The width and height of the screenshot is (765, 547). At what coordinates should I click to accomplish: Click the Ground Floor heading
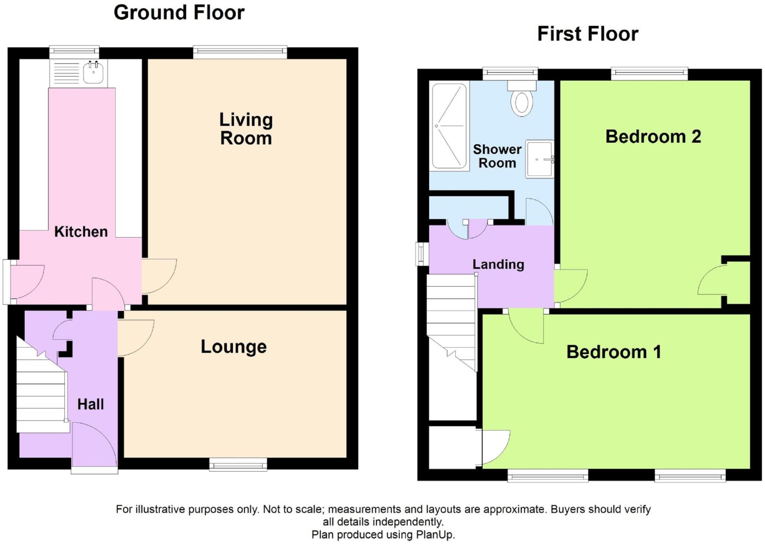[179, 13]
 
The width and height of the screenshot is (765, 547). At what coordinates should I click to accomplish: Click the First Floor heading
[588, 34]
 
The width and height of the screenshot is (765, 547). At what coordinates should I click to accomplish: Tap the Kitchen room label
[81, 232]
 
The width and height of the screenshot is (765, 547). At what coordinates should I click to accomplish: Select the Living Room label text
[246, 129]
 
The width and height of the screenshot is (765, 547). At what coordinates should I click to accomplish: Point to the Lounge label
[234, 347]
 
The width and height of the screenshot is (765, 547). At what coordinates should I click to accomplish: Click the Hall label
[90, 404]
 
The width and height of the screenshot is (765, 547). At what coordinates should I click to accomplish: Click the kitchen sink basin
[93, 72]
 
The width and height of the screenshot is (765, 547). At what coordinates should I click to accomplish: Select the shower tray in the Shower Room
[449, 126]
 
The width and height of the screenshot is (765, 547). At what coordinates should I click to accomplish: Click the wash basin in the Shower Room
[539, 159]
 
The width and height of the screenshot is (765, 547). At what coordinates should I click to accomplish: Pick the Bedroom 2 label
[653, 136]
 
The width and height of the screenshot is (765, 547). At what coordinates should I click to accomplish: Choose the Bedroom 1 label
[614, 352]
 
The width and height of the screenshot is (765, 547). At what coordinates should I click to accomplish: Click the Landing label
[498, 265]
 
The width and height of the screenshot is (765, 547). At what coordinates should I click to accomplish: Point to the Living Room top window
[240, 52]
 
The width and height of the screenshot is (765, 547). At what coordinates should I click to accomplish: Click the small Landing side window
[422, 254]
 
